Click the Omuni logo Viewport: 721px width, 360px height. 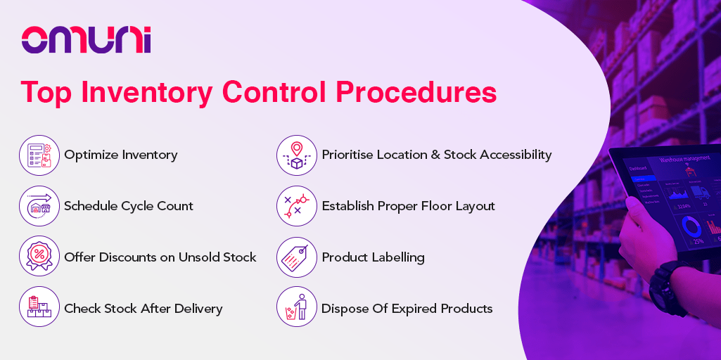[86, 39]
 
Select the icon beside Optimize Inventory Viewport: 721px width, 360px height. [39, 155]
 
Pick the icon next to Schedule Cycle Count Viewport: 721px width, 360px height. [39, 206]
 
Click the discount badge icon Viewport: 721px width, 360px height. [39, 257]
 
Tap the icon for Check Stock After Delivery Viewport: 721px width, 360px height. [39, 307]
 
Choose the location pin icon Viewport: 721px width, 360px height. [297, 155]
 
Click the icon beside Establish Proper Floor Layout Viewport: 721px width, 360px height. [297, 206]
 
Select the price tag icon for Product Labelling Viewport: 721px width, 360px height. [297, 257]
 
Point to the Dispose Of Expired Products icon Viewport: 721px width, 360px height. [297, 307]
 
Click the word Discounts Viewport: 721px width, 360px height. [127, 257]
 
